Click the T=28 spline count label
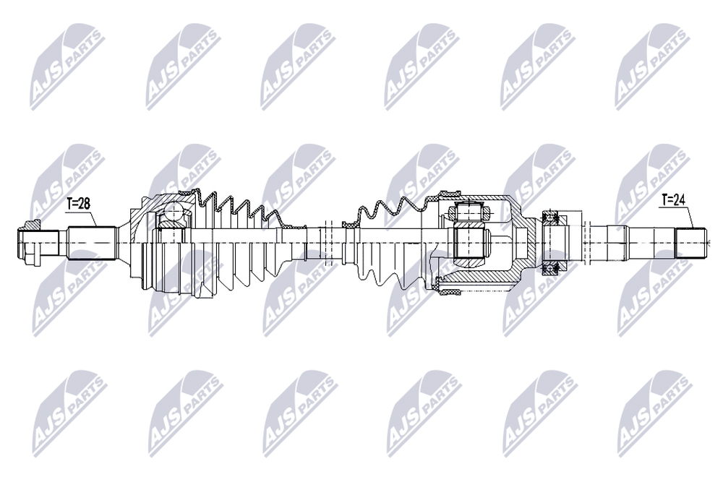[78, 203]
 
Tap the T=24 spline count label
[674, 199]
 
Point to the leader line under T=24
[676, 215]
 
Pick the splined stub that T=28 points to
[91, 243]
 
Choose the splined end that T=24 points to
[690, 243]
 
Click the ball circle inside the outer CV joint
[174, 212]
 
